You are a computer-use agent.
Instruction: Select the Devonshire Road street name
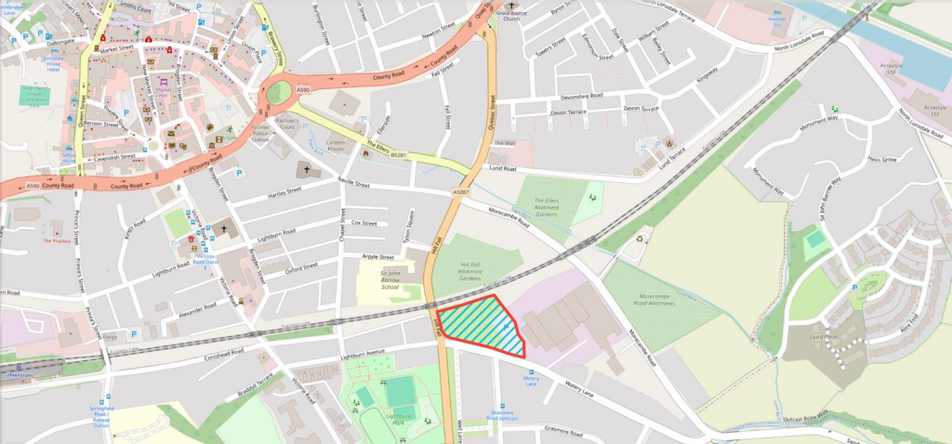pyautogui.click(x=575, y=97)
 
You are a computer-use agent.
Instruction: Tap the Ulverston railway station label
pyautogui.click(x=20, y=373)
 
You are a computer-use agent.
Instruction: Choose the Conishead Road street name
pyautogui.click(x=218, y=353)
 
